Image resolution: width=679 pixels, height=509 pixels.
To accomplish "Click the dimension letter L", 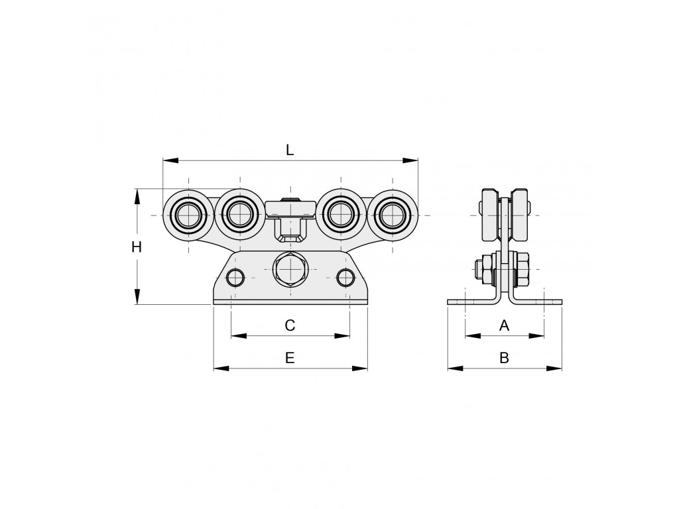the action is click(290, 150).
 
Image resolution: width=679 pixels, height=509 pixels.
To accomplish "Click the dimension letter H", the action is click(137, 247).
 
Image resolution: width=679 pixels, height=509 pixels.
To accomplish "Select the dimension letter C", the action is click(290, 325).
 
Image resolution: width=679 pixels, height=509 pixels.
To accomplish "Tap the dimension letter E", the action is click(290, 358).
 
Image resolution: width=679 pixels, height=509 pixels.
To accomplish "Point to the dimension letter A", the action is click(504, 325).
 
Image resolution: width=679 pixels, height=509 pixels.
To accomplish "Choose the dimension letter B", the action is click(504, 358).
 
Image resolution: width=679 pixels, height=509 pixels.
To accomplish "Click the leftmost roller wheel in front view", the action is click(188, 215).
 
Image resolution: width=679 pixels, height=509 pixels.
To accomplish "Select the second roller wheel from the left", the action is click(239, 214).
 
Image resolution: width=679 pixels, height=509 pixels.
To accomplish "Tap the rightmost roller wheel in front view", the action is click(393, 215).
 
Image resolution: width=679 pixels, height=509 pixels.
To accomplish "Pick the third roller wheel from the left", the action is click(341, 214).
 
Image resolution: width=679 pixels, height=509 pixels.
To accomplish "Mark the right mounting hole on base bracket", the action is click(345, 277).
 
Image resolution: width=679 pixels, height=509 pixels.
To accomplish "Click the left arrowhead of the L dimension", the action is click(170, 160).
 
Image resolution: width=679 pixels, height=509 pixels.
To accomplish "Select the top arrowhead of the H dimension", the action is click(137, 197).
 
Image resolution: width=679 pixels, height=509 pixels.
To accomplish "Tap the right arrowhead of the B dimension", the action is click(554, 368).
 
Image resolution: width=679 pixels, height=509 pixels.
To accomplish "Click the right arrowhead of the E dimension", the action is click(360, 368).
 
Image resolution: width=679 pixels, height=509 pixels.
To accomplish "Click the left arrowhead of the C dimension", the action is click(239, 335).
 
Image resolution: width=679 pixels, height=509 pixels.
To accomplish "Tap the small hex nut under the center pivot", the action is click(290, 239).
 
